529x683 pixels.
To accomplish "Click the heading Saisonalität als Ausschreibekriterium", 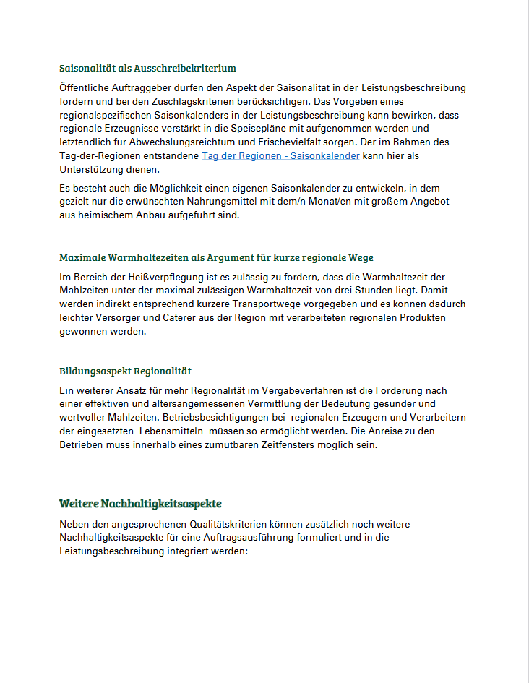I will [x=147, y=68].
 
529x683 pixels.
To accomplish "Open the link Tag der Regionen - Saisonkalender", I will [x=280, y=155].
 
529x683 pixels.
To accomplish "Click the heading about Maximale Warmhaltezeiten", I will [x=216, y=257].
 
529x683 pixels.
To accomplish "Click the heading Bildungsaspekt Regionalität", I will [x=125, y=371].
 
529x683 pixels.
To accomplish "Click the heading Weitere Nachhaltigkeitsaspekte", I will [x=140, y=503].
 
